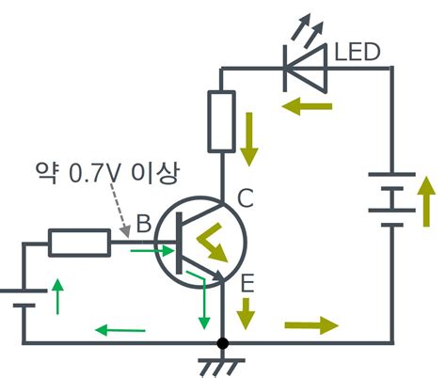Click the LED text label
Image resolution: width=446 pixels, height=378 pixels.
pyautogui.click(x=358, y=52)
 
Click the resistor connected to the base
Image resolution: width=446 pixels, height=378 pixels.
pyautogui.click(x=78, y=244)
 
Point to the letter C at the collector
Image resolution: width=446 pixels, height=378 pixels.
pyautogui.click(x=246, y=198)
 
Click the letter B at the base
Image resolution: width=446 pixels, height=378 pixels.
pyautogui.click(x=144, y=226)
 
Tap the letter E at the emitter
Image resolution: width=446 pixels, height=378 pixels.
pyautogui.click(x=246, y=280)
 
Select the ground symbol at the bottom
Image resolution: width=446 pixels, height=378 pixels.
pyautogui.click(x=222, y=360)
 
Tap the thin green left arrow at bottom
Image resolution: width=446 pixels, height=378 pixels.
pyautogui.click(x=121, y=329)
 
